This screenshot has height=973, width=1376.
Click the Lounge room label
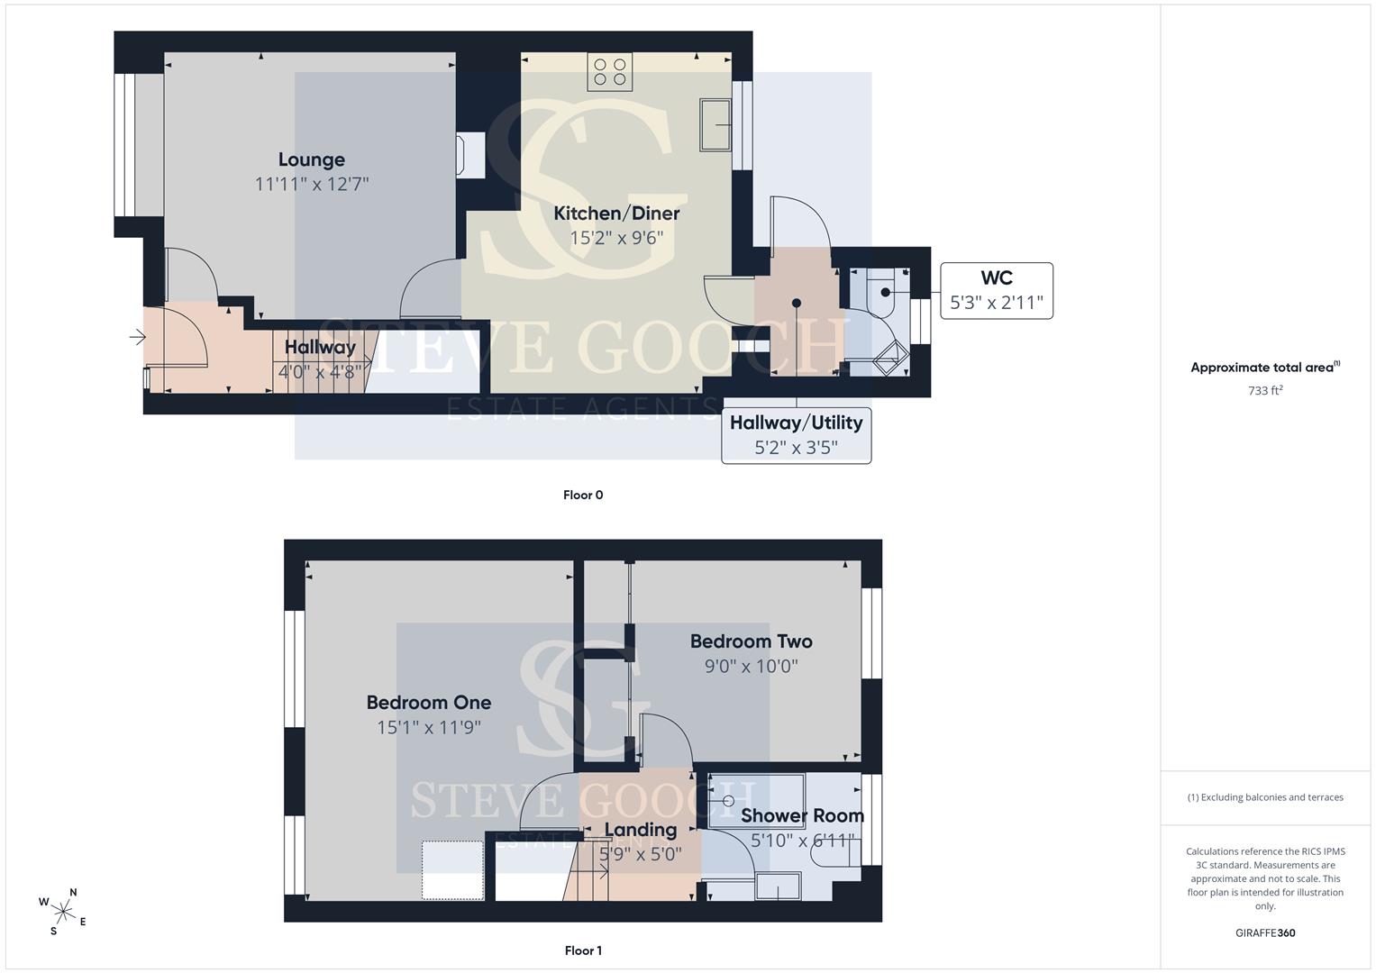coord(312,159)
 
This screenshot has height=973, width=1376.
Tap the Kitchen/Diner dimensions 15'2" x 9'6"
coord(616,238)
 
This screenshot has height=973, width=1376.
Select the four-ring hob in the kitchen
coord(609,72)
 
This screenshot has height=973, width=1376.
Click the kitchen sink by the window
coord(715,124)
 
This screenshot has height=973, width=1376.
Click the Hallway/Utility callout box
coord(796,435)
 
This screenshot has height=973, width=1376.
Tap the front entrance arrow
coord(137,337)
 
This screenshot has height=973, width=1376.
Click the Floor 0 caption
coord(583,496)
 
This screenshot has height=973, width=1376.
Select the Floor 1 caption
coord(583,950)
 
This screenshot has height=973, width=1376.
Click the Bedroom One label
coord(429,702)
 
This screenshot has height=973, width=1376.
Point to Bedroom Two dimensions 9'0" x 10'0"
coord(751,666)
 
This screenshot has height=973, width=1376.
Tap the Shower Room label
coord(802,815)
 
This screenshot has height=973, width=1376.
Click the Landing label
coord(640,830)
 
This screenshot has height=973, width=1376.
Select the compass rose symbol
coord(63,912)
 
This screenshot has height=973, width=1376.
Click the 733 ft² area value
coord(1265,390)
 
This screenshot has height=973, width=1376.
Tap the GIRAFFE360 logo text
coord(1265,933)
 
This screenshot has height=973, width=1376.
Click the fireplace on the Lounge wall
coord(469,156)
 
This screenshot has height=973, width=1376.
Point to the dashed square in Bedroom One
coord(452,869)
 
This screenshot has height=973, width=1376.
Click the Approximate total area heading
coord(1265,368)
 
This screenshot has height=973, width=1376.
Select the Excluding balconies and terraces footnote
coord(1265,797)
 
